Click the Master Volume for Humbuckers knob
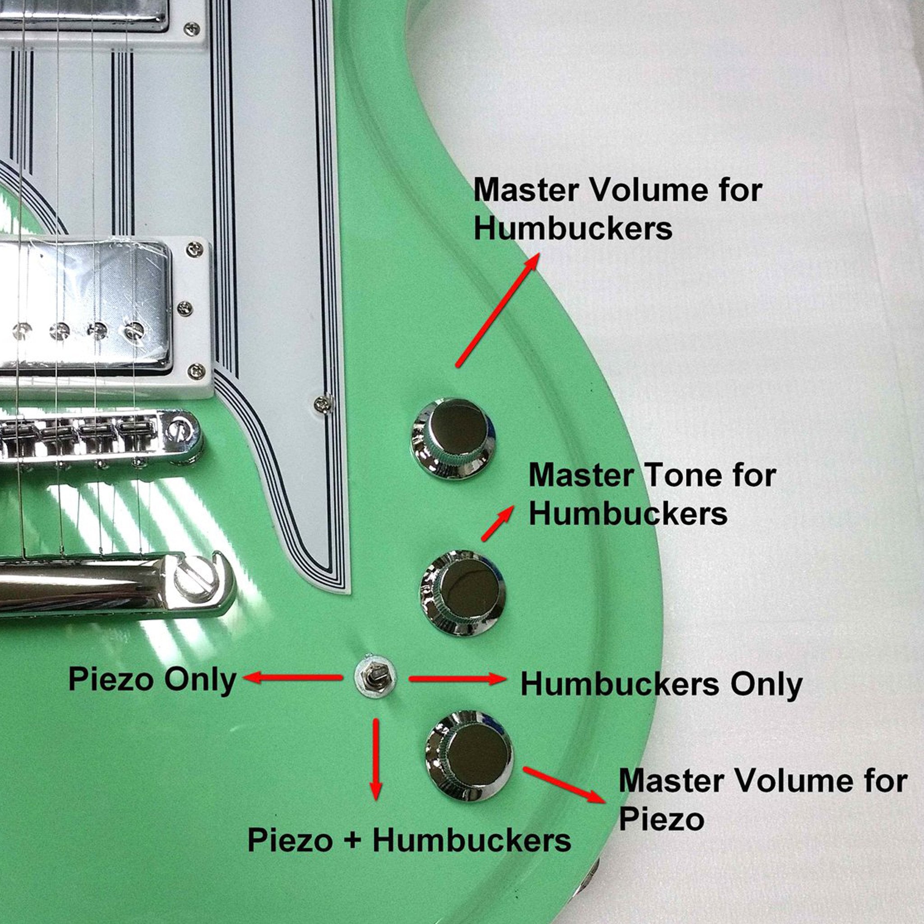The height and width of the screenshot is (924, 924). pos(453,438)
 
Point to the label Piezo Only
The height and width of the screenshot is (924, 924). pos(152,679)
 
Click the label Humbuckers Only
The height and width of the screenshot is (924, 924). pos(661,684)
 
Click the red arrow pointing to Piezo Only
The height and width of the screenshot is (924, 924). pos(293,677)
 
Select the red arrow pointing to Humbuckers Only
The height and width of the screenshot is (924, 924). pos(457,679)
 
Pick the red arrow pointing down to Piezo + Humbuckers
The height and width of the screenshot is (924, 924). pos(376,758)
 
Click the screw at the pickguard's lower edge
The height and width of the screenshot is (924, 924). pos(324,404)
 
